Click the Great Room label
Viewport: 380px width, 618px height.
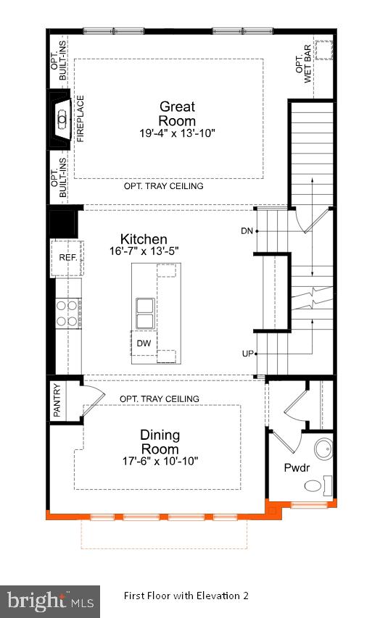(x=177, y=114)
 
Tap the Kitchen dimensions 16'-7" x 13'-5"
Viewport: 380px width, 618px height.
(x=144, y=251)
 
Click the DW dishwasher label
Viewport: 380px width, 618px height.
(x=143, y=343)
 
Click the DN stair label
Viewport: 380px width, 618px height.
(x=247, y=231)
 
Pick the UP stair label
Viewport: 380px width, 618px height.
(x=247, y=353)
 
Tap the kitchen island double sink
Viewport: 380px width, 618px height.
(x=144, y=311)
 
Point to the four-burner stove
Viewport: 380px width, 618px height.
(x=67, y=314)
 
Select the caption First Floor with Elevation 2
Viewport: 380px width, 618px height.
(x=186, y=596)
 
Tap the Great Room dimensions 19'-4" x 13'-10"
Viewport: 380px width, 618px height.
(x=178, y=133)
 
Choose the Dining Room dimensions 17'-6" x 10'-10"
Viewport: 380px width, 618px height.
(x=160, y=461)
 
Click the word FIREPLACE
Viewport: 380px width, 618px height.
(x=81, y=118)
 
